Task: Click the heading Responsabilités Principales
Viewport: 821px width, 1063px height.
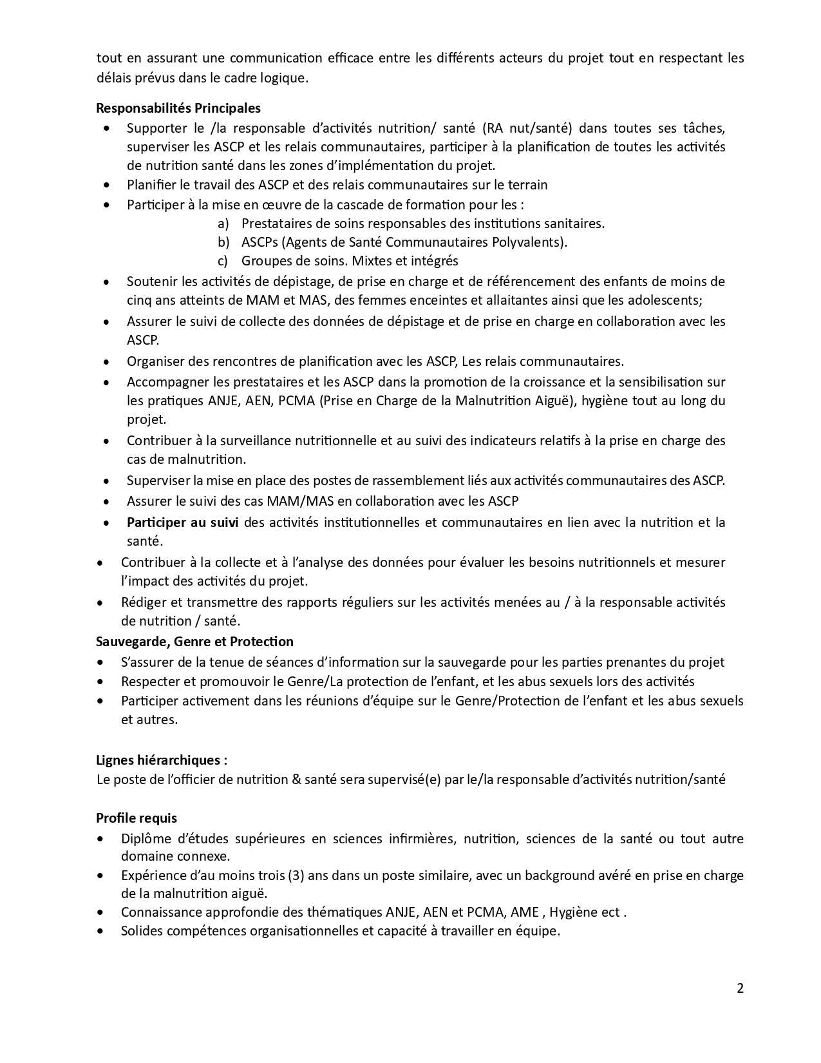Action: [x=178, y=108]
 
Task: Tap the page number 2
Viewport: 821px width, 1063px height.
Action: [x=740, y=988]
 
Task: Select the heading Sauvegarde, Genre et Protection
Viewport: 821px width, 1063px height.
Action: [x=194, y=642]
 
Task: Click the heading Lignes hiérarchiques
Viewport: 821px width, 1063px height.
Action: [x=161, y=760]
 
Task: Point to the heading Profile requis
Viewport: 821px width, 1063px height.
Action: [x=137, y=818]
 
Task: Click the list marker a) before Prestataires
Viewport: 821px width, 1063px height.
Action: [x=223, y=224]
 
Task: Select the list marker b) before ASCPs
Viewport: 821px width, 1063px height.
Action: [x=223, y=242]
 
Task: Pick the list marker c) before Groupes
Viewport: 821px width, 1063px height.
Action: [x=223, y=261]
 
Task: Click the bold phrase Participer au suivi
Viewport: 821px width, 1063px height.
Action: [x=182, y=522]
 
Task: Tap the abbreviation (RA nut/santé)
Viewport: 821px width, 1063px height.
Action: [x=526, y=128]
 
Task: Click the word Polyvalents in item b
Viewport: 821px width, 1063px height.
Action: [x=533, y=242]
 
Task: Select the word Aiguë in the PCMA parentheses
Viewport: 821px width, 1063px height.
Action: [x=557, y=401]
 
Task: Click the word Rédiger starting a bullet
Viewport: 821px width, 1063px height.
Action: [x=145, y=602]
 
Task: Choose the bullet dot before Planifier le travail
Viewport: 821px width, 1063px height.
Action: [x=106, y=186]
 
